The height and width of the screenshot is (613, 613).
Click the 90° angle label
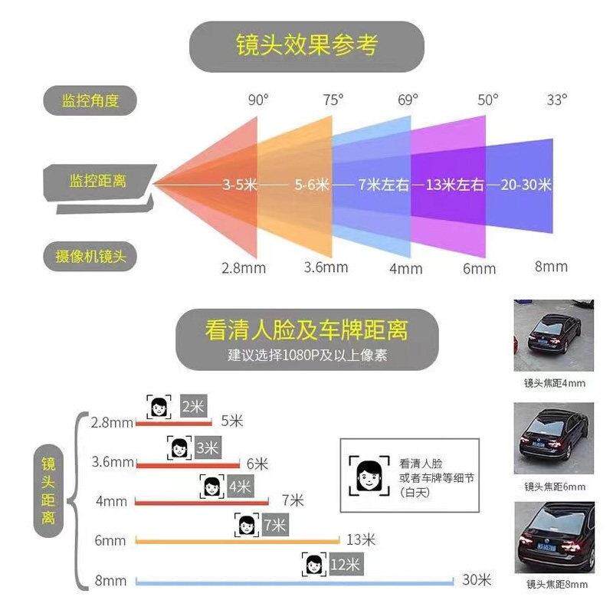point(258,100)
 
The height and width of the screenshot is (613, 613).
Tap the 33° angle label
point(557,100)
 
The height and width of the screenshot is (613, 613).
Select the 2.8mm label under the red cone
point(242,268)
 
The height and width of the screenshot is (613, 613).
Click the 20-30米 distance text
point(526,185)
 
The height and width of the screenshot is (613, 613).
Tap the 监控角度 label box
point(91,100)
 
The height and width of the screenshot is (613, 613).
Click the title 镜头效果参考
point(306,46)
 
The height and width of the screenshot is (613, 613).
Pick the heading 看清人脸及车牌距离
point(306,331)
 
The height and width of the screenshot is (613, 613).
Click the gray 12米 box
point(345,565)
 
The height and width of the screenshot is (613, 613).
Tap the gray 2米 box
point(192,406)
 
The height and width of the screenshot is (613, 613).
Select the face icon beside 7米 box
point(246,526)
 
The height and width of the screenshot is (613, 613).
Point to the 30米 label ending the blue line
point(476,580)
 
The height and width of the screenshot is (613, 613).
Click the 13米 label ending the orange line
point(361,539)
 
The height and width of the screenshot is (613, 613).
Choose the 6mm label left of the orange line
point(110,541)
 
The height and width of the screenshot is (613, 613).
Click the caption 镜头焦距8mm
point(556,585)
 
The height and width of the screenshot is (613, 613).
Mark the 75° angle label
point(333,100)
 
